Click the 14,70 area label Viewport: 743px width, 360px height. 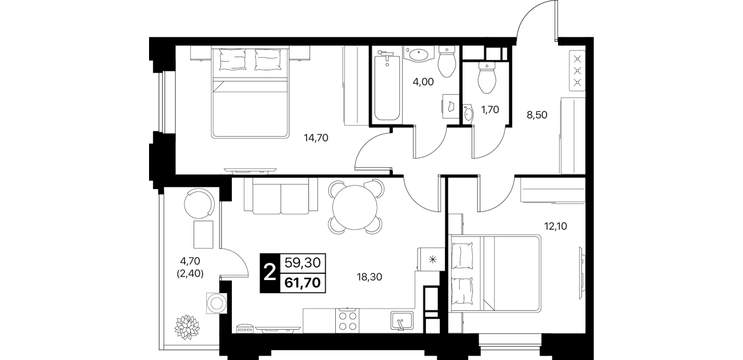316,138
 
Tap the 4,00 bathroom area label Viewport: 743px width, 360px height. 423,82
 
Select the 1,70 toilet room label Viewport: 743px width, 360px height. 490,110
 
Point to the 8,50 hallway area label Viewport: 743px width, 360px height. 537,115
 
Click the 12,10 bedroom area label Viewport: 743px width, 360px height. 555,226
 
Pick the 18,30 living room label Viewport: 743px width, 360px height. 370,277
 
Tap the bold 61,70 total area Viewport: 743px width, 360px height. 303,283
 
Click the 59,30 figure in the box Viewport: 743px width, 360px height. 303,263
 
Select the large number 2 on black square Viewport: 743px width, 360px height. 270,273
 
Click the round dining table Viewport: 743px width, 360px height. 355,207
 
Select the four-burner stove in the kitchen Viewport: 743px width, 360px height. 347,321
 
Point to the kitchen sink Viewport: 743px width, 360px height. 401,321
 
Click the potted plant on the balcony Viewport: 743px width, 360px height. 187,327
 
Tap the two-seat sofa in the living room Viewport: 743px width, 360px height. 280,196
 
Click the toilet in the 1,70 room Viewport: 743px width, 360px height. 487,77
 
